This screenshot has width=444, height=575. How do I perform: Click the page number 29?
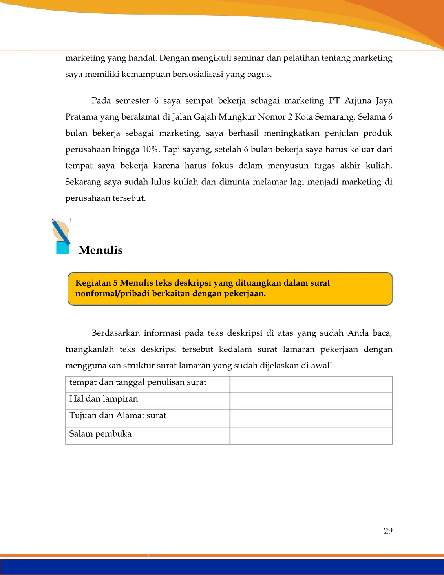coord(388,531)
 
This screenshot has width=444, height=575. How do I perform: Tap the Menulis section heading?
coord(100,250)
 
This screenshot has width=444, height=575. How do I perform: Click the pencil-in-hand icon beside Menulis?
coord(61,237)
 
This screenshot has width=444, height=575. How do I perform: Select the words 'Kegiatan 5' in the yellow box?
coord(96,283)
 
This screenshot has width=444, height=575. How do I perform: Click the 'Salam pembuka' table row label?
coord(100,434)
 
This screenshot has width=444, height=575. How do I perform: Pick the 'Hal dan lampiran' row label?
coord(104,399)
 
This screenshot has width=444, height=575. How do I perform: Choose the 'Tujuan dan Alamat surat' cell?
coord(118,415)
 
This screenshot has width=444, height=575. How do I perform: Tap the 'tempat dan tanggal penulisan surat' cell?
coord(138,382)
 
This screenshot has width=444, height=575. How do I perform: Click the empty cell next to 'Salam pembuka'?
coord(311,435)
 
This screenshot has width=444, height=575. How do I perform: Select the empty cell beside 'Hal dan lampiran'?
coord(311,401)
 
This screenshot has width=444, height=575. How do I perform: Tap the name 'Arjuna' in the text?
coord(358,101)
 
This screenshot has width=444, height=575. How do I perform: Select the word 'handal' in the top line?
coord(143,58)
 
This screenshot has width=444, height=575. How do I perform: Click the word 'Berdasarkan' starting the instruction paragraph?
coord(115,333)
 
